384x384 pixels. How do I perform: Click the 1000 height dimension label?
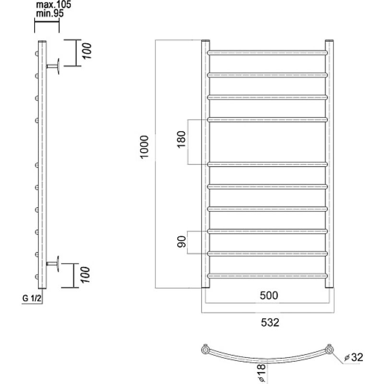144,147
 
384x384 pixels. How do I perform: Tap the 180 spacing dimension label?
182,140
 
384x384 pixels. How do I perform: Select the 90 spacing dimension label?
182,242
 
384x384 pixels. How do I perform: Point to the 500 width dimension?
269,296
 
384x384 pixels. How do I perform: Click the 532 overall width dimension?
270,323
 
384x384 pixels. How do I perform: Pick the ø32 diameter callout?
354,358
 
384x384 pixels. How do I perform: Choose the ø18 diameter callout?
262,373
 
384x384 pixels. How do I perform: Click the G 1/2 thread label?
32,298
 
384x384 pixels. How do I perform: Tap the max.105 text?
53,4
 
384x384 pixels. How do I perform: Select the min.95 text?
50,13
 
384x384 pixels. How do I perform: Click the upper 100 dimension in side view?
87,51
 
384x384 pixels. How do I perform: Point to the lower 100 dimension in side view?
85,275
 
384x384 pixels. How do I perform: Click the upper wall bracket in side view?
53,66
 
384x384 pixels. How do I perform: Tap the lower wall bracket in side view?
53,264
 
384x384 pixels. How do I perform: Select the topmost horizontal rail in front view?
267,53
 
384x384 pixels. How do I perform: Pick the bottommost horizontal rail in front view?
267,276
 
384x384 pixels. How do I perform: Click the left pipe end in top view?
205,349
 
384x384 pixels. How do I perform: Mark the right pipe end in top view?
330,349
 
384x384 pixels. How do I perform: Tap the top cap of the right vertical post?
329,40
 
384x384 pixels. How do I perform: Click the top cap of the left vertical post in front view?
205,40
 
